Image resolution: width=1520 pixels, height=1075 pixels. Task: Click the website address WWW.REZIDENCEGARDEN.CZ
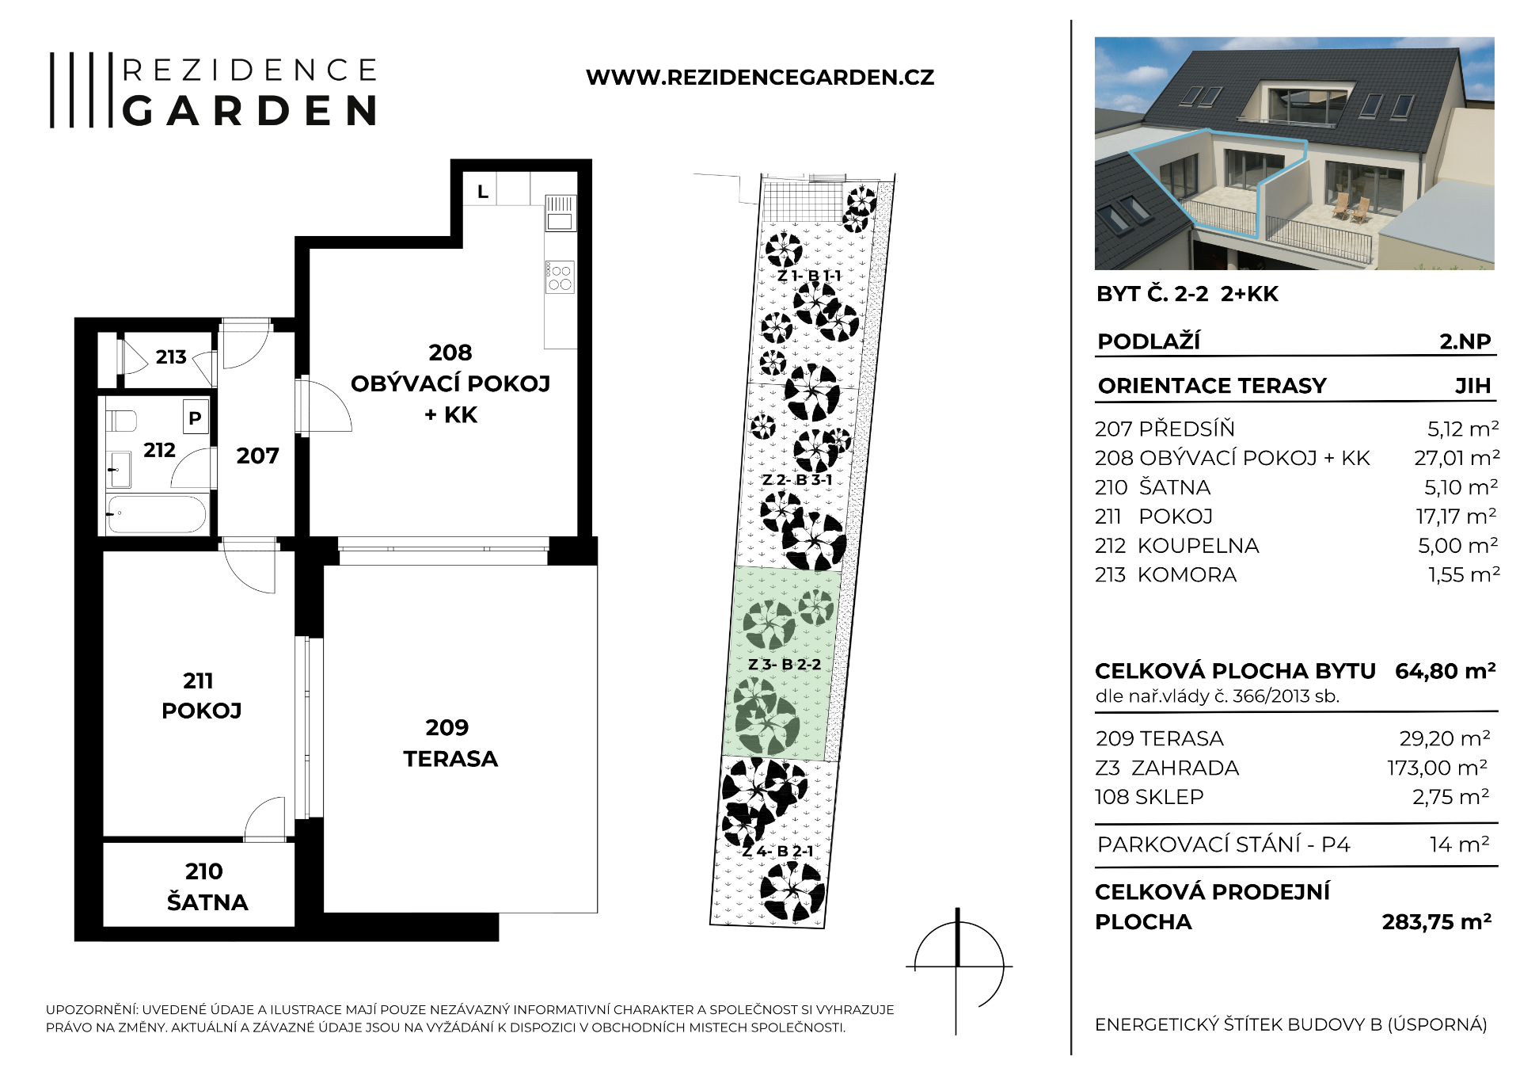click(760, 78)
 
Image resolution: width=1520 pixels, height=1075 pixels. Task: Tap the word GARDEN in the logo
click(250, 111)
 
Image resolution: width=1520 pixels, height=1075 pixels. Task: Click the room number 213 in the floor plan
click(171, 357)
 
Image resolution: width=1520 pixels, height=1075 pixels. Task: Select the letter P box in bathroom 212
click(195, 417)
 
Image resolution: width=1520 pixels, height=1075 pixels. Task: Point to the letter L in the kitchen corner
click(483, 192)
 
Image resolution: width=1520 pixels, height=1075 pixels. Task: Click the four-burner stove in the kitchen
click(560, 277)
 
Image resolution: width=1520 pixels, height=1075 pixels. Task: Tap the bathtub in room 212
click(157, 513)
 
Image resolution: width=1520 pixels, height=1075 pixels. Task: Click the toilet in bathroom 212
click(121, 421)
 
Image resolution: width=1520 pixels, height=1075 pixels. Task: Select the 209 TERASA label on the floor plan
click(450, 743)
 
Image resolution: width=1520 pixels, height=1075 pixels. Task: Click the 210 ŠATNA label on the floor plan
click(207, 887)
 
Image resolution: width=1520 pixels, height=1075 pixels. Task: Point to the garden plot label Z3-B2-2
click(785, 665)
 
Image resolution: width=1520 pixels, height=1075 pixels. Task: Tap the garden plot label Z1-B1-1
click(809, 276)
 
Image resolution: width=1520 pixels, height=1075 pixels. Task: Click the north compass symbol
click(959, 968)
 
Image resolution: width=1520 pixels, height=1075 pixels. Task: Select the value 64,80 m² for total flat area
click(1445, 671)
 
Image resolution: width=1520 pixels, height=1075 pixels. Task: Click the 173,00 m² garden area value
click(1437, 768)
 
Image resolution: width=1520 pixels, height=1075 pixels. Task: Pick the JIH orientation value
click(1472, 386)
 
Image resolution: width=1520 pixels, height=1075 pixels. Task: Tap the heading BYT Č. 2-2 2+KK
click(1187, 294)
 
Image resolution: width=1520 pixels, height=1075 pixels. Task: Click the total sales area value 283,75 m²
click(1437, 922)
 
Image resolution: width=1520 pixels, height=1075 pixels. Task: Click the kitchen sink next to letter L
click(560, 213)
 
